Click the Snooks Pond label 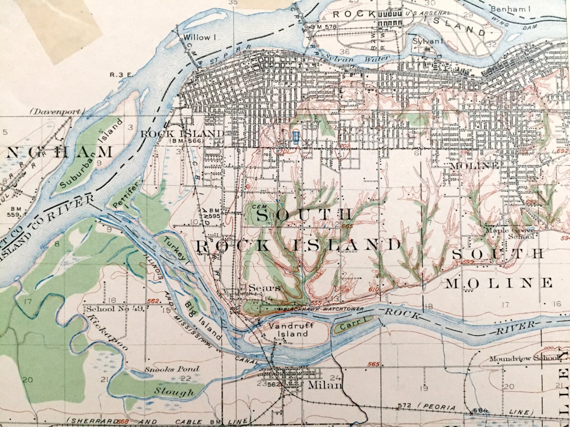(172, 369)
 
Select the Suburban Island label (92, 154)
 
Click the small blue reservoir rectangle (295, 138)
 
